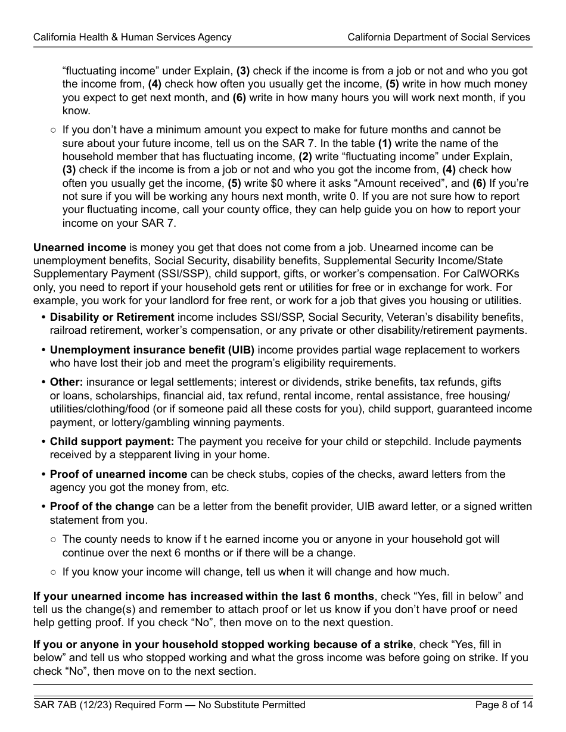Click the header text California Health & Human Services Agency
tap(132, 37)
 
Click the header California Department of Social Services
tap(439, 37)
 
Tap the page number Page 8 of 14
tap(503, 705)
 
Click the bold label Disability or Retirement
tap(112, 317)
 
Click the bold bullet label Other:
tap(66, 382)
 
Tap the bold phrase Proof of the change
tap(102, 506)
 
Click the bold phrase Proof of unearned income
tap(119, 474)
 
